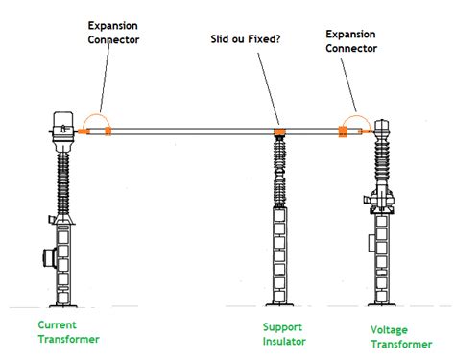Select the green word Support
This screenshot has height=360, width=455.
283,326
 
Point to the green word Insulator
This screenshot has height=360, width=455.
286,339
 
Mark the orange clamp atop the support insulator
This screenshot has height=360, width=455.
279,131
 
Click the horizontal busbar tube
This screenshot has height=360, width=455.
192,130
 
